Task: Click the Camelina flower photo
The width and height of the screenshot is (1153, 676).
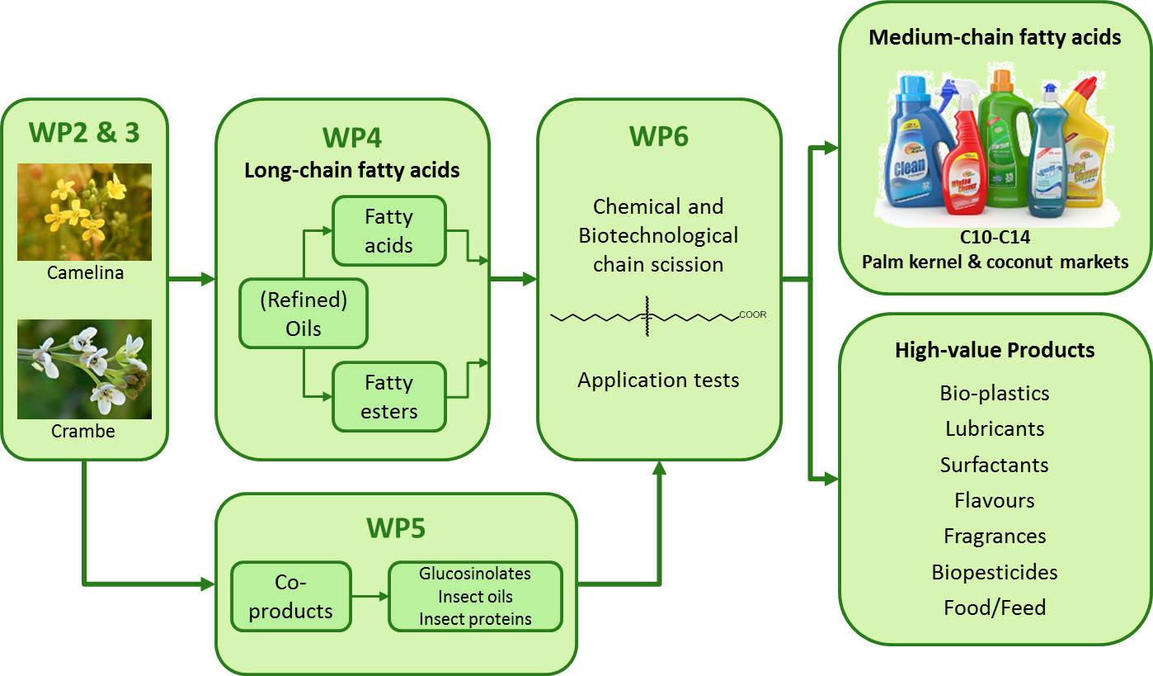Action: [84, 211]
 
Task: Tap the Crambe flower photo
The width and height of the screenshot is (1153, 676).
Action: [84, 368]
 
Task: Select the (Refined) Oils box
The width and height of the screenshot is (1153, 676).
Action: [303, 314]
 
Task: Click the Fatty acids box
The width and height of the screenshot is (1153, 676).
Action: [388, 231]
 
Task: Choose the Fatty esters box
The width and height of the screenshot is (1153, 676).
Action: [388, 397]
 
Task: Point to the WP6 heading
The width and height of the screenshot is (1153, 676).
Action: [658, 137]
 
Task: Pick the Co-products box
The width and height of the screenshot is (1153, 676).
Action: [290, 597]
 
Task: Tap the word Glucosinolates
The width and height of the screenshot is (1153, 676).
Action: [474, 574]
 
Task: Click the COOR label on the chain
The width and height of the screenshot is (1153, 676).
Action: [752, 314]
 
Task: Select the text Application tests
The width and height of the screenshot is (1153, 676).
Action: [658, 381]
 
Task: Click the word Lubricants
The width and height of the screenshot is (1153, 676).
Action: [995, 429]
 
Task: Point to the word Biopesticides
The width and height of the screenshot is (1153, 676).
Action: [995, 572]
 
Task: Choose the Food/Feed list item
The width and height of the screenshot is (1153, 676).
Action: [995, 608]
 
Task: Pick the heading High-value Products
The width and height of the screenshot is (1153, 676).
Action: [995, 350]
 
